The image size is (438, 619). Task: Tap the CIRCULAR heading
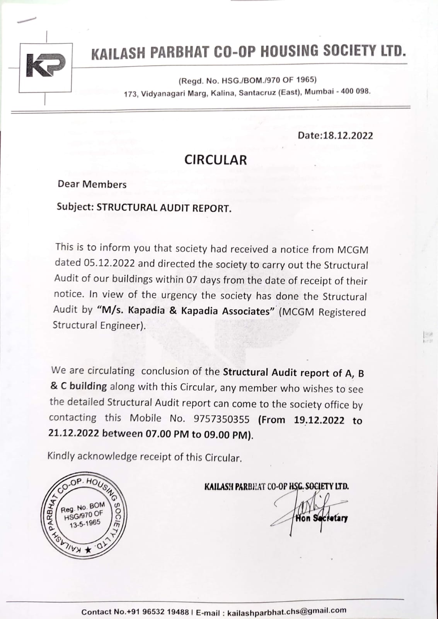pos(215,160)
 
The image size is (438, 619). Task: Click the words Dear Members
pos(92,184)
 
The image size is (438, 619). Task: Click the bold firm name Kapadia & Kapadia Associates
pos(186,311)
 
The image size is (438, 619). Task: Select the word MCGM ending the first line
pos(353,250)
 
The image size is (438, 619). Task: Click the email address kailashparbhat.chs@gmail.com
pos(287,611)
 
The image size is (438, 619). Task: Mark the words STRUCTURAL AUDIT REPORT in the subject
pos(164,208)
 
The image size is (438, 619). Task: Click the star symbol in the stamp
pos(89,550)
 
